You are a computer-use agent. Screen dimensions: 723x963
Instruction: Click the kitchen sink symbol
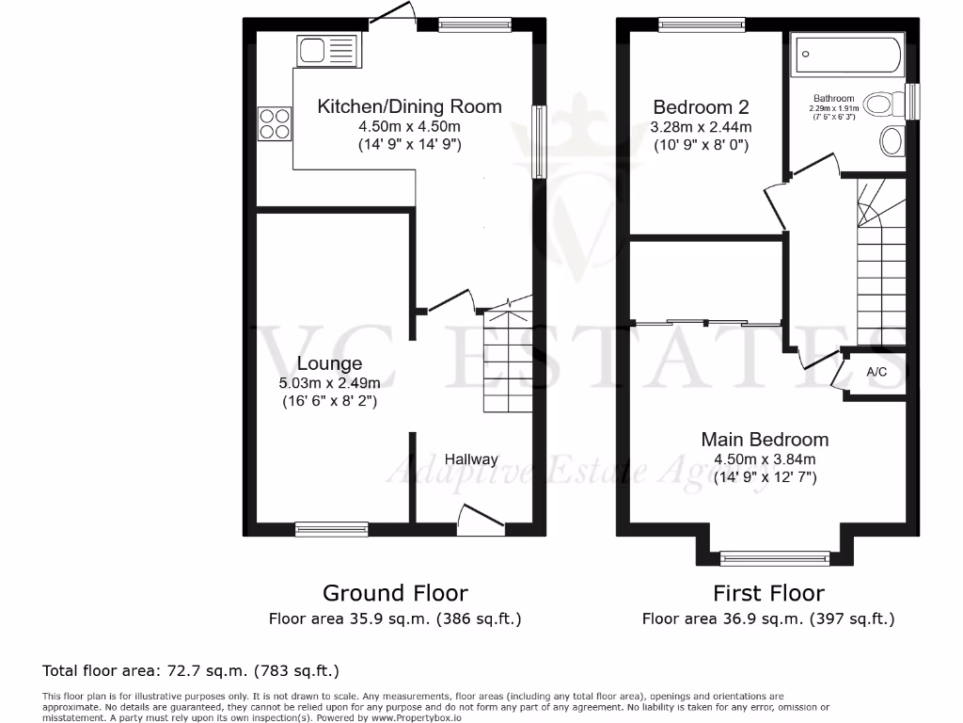[326, 49]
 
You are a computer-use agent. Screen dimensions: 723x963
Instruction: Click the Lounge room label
[329, 363]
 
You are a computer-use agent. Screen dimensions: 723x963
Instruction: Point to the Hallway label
[471, 459]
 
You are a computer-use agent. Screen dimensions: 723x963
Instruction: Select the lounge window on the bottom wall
[332, 529]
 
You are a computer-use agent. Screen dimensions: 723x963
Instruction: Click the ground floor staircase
[507, 362]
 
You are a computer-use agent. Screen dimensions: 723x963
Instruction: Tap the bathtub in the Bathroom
[847, 56]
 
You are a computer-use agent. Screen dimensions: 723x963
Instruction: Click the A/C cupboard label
[876, 373]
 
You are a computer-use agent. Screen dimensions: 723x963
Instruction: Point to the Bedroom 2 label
[703, 106]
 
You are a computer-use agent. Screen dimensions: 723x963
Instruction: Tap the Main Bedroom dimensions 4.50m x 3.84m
[765, 459]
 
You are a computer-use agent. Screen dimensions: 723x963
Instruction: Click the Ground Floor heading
[395, 593]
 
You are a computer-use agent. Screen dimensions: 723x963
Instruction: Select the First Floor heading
[768, 593]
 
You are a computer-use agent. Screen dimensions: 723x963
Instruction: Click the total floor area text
[191, 671]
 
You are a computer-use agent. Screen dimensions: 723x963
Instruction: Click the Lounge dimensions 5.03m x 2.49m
[329, 383]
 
